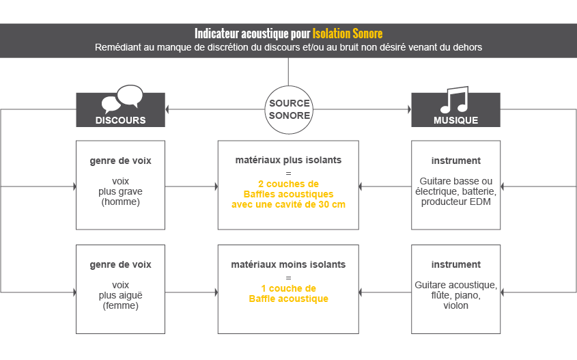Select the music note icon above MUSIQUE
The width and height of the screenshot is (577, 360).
click(x=455, y=100)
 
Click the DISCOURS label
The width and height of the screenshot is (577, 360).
click(x=120, y=120)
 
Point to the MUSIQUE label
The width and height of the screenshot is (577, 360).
click(x=455, y=120)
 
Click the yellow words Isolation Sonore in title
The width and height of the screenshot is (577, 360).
click(x=348, y=33)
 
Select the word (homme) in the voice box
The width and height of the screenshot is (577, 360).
click(x=120, y=202)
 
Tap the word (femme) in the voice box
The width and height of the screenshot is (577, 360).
click(x=120, y=305)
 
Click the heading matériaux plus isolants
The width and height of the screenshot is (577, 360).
click(x=288, y=161)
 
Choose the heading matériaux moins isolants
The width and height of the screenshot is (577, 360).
click(x=288, y=264)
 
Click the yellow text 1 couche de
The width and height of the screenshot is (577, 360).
click(x=288, y=288)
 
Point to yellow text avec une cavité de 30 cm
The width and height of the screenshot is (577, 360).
click(x=288, y=204)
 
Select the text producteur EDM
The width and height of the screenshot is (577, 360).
click(x=455, y=202)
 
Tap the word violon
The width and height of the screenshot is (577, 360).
click(x=455, y=305)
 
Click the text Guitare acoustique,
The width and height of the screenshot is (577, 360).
click(x=455, y=285)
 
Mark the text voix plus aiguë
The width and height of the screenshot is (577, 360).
click(x=120, y=290)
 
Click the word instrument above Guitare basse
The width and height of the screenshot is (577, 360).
click(x=455, y=161)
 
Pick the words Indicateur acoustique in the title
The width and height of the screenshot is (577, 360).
click(x=236, y=33)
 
